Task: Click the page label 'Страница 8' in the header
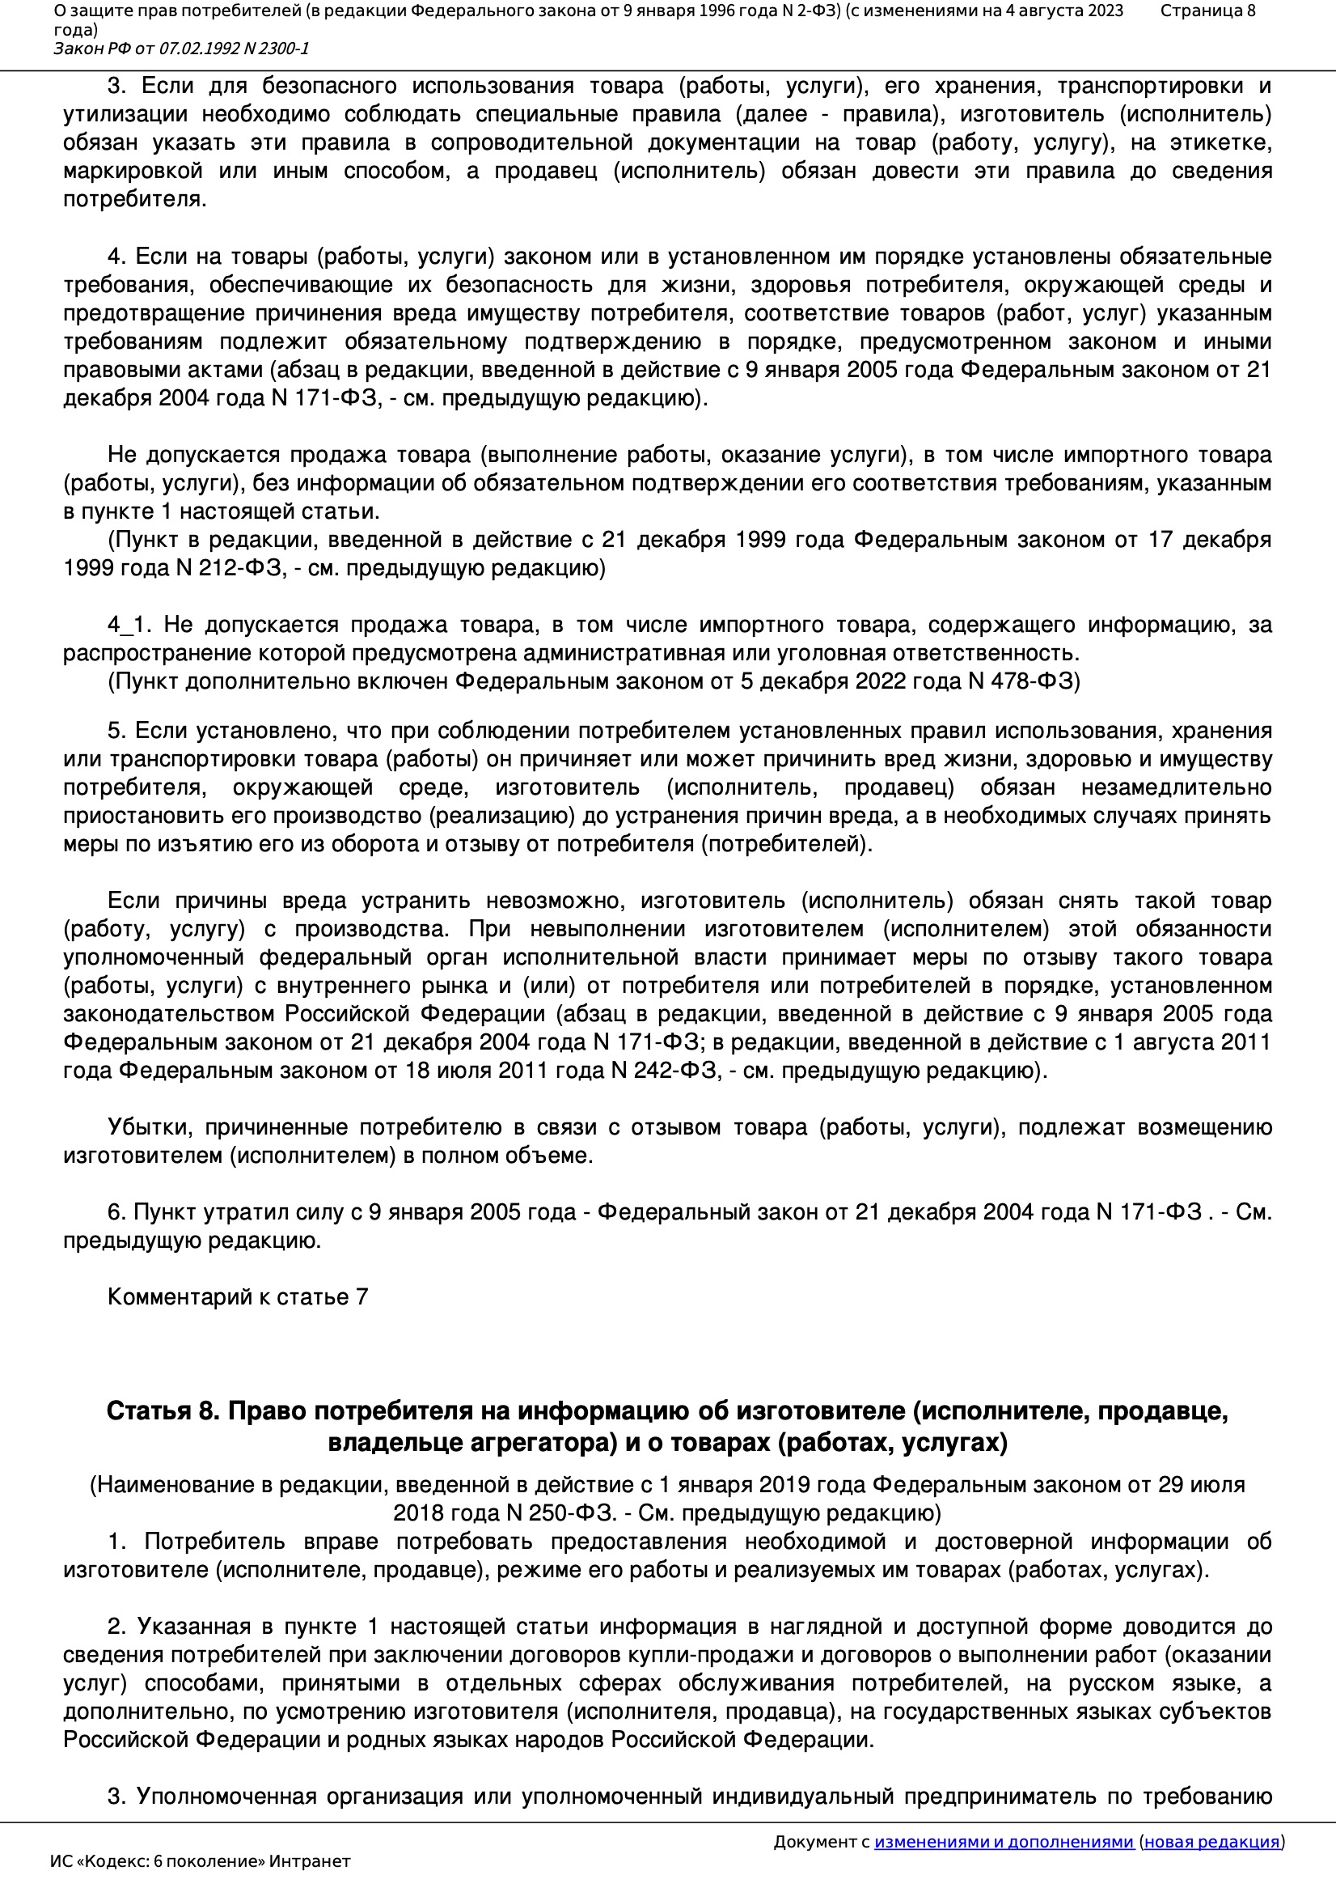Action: tap(1207, 11)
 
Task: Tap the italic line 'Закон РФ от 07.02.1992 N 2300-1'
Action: tap(181, 49)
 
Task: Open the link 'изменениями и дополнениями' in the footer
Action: tap(1004, 1842)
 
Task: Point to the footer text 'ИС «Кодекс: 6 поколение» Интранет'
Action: tap(200, 1861)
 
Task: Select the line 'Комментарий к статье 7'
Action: tap(237, 1297)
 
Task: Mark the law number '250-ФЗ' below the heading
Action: tap(573, 1513)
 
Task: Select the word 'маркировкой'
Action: tap(133, 172)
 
